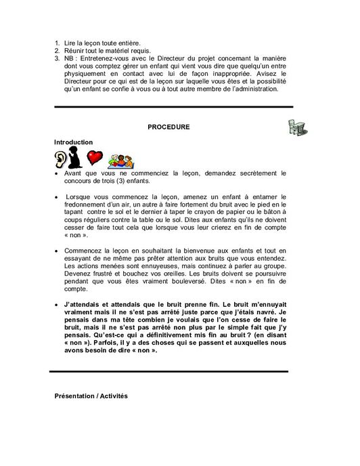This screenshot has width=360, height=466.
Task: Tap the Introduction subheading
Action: pyautogui.click(x=73, y=142)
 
